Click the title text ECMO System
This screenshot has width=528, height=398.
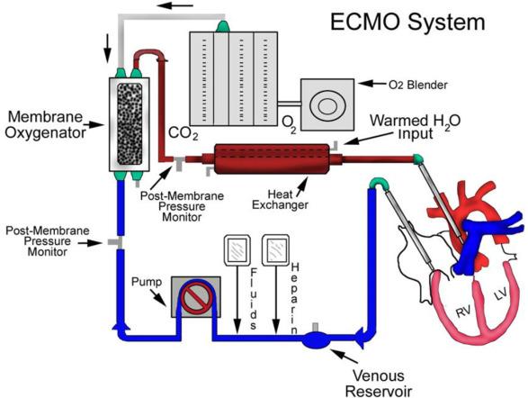click(x=407, y=23)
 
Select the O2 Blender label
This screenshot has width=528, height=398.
click(x=418, y=85)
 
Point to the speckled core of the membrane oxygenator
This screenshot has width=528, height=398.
click(x=130, y=124)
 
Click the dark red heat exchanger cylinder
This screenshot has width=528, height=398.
click(x=272, y=159)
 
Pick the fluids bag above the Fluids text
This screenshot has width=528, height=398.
click(x=237, y=250)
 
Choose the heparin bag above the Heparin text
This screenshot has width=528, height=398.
click(x=276, y=249)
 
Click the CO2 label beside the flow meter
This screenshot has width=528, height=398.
click(x=183, y=133)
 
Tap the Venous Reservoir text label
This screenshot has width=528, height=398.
click(x=378, y=384)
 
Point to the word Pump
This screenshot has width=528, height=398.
click(x=147, y=282)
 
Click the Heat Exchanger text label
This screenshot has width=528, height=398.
click(x=280, y=200)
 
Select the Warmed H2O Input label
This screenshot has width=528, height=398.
click(x=416, y=127)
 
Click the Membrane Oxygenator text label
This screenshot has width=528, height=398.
click(x=45, y=124)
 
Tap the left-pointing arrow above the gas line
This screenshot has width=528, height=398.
click(x=175, y=5)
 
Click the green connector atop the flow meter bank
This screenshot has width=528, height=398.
click(x=222, y=26)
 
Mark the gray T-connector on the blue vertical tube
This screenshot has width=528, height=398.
click(x=114, y=242)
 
